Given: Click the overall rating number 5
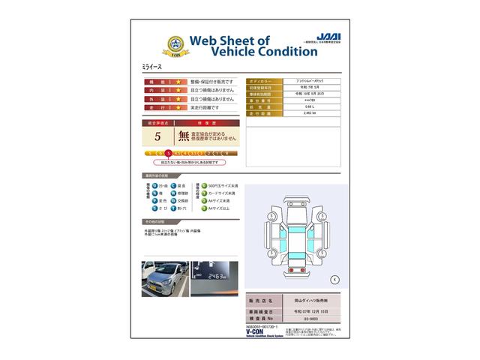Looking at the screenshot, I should click(x=157, y=136).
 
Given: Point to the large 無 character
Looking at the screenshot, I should click(x=184, y=136).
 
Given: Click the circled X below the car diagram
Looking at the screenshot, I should click(x=334, y=279).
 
